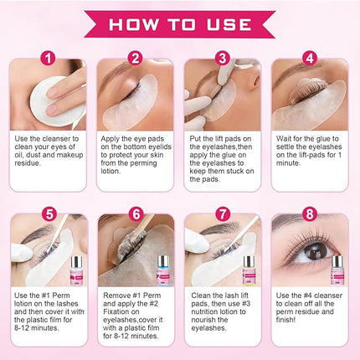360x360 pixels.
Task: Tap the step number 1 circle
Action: coord(49,59)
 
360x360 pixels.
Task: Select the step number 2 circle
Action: coord(136,59)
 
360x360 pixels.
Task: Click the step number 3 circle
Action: coord(223,59)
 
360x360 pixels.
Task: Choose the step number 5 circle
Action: coord(49,215)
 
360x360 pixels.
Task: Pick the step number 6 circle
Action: coord(136,215)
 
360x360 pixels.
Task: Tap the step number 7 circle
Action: coord(223,215)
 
